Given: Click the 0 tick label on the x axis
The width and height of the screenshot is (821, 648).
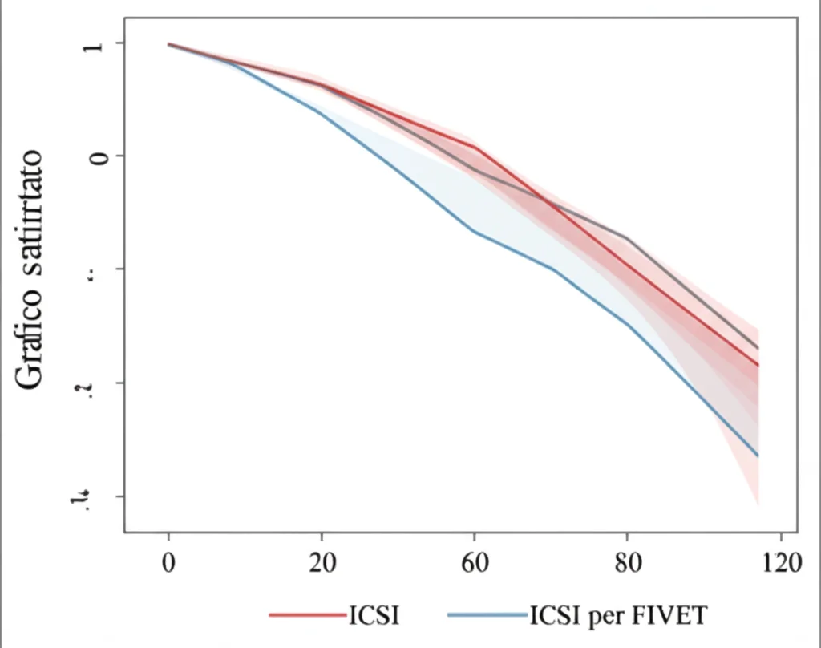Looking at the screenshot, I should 168,562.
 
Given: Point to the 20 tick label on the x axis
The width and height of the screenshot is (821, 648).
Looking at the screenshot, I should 322,562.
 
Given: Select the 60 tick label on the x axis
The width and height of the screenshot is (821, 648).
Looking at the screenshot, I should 475,562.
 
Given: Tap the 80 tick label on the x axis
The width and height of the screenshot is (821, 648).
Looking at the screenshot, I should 628,562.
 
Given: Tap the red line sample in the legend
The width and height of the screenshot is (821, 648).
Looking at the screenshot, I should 307,615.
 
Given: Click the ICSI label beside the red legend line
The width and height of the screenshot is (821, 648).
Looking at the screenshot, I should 374,615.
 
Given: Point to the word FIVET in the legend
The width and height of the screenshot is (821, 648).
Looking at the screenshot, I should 671,615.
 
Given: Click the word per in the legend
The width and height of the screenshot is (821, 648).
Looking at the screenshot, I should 609,617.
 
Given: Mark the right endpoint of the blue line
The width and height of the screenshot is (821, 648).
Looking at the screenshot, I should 758,456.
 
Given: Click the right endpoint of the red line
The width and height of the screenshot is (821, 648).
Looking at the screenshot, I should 758,366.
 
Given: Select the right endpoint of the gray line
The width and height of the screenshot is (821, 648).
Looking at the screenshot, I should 758,348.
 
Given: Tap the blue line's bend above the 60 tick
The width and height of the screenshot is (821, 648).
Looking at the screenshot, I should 475,232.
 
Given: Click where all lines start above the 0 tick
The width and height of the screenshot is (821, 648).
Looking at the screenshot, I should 169,44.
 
